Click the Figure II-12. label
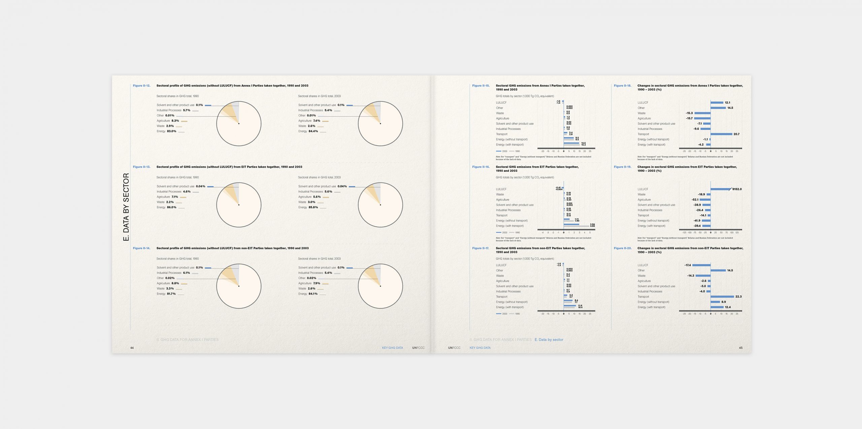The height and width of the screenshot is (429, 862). point(141,86)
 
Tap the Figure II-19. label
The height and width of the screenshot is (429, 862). point(622,167)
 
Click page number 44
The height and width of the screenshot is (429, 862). point(132,348)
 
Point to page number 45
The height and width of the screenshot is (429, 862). point(740,348)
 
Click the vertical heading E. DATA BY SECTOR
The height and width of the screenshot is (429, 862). point(126,207)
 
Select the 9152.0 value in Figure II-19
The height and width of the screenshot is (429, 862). point(737,189)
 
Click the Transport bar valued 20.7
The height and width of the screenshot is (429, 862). point(721,134)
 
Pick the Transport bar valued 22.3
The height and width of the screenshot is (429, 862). point(722,297)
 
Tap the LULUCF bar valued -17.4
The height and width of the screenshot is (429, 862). point(701,265)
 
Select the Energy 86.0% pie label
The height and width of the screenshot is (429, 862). point(166,207)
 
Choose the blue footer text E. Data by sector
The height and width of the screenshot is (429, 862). point(549,340)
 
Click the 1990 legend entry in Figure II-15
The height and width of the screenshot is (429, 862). point(515,151)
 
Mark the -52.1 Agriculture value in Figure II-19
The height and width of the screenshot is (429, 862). point(695,200)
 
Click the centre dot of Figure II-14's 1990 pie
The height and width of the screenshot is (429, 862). point(239,286)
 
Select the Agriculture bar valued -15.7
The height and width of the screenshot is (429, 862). point(702,119)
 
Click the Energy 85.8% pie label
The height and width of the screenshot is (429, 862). point(308,207)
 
